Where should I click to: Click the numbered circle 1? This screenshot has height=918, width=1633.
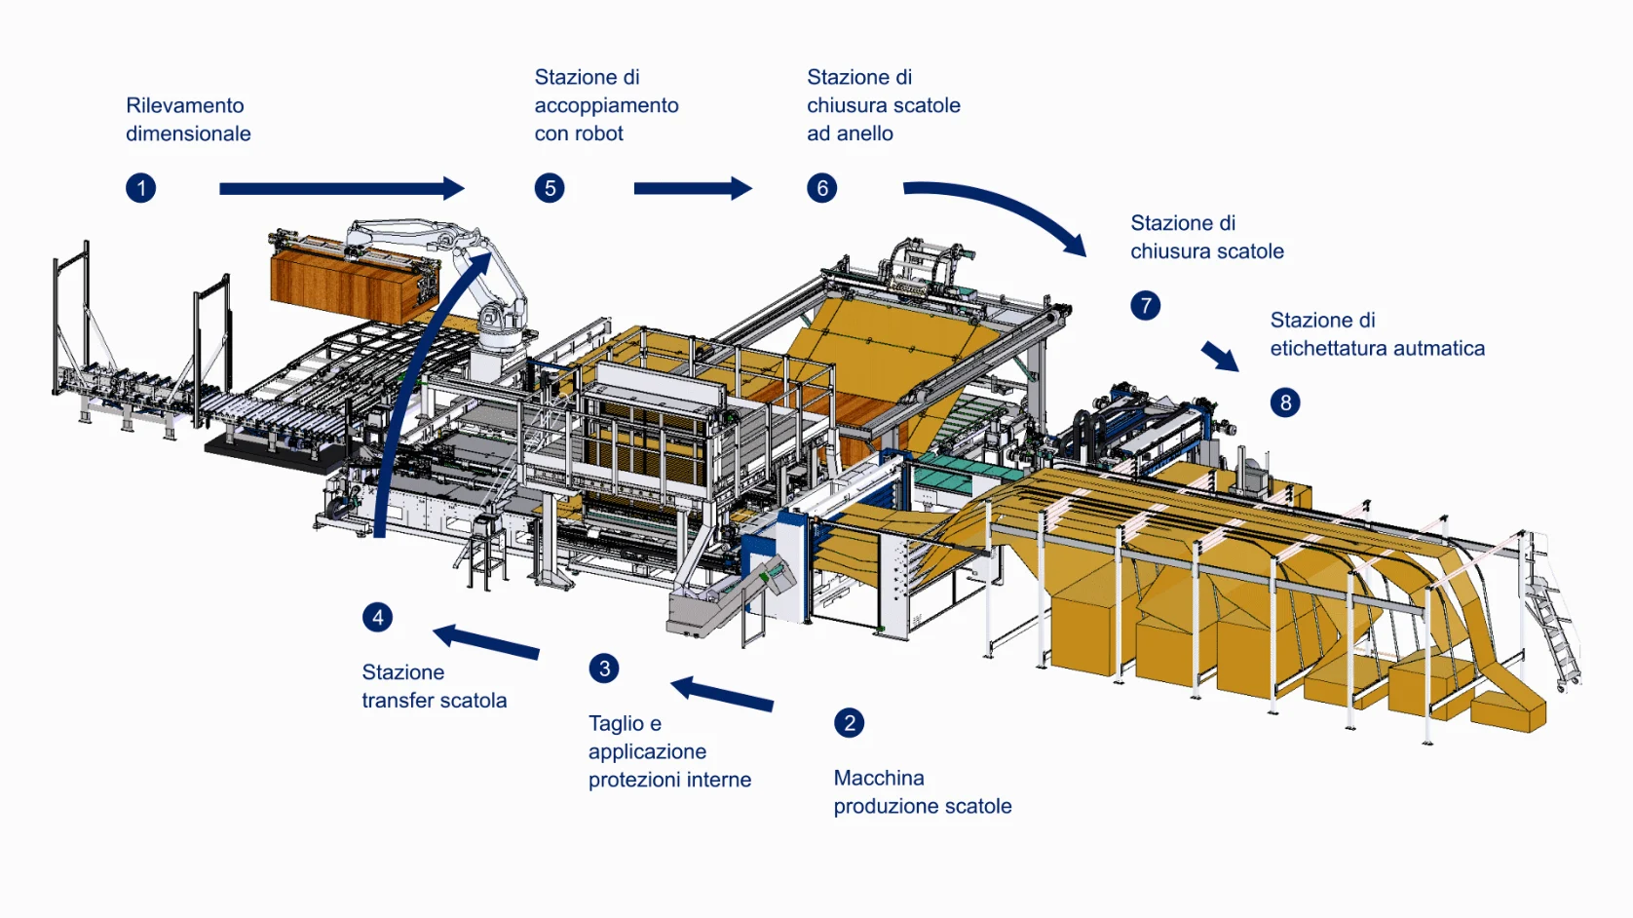pyautogui.click(x=141, y=188)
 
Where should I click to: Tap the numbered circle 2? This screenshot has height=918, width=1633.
pyautogui.click(x=850, y=723)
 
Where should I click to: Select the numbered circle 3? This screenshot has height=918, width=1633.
pyautogui.click(x=604, y=669)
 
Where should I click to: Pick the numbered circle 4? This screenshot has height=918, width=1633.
pyautogui.click(x=378, y=617)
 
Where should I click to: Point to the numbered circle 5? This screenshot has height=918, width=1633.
pyautogui.click(x=550, y=188)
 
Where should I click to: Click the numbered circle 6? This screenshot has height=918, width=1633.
pyautogui.click(x=822, y=188)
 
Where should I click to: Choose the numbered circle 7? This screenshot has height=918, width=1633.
pyautogui.click(x=1146, y=306)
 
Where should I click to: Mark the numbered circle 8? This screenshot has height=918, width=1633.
pyautogui.click(x=1285, y=402)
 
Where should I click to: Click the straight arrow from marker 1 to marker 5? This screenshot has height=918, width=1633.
pyautogui.click(x=341, y=188)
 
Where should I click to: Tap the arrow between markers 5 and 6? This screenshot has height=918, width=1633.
pyautogui.click(x=692, y=188)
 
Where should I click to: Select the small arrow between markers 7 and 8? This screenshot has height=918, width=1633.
pyautogui.click(x=1220, y=356)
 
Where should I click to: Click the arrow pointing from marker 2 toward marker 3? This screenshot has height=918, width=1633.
pyautogui.click(x=722, y=693)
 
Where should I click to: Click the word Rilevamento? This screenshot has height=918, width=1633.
pyautogui.click(x=185, y=105)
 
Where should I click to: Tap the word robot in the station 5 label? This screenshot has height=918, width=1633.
pyautogui.click(x=598, y=134)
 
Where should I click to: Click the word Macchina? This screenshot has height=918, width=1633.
pyautogui.click(x=879, y=778)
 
